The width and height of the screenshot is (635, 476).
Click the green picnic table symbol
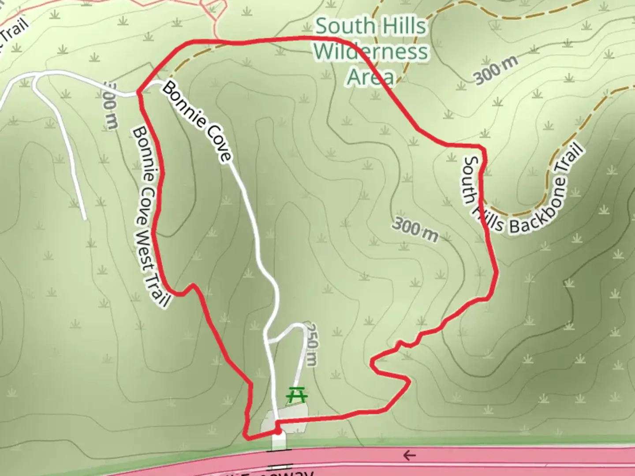click(297, 395)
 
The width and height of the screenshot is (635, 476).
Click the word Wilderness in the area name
click(371, 52)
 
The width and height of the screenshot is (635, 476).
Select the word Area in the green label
click(370, 77)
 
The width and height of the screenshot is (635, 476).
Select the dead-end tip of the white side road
click(84, 218)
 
